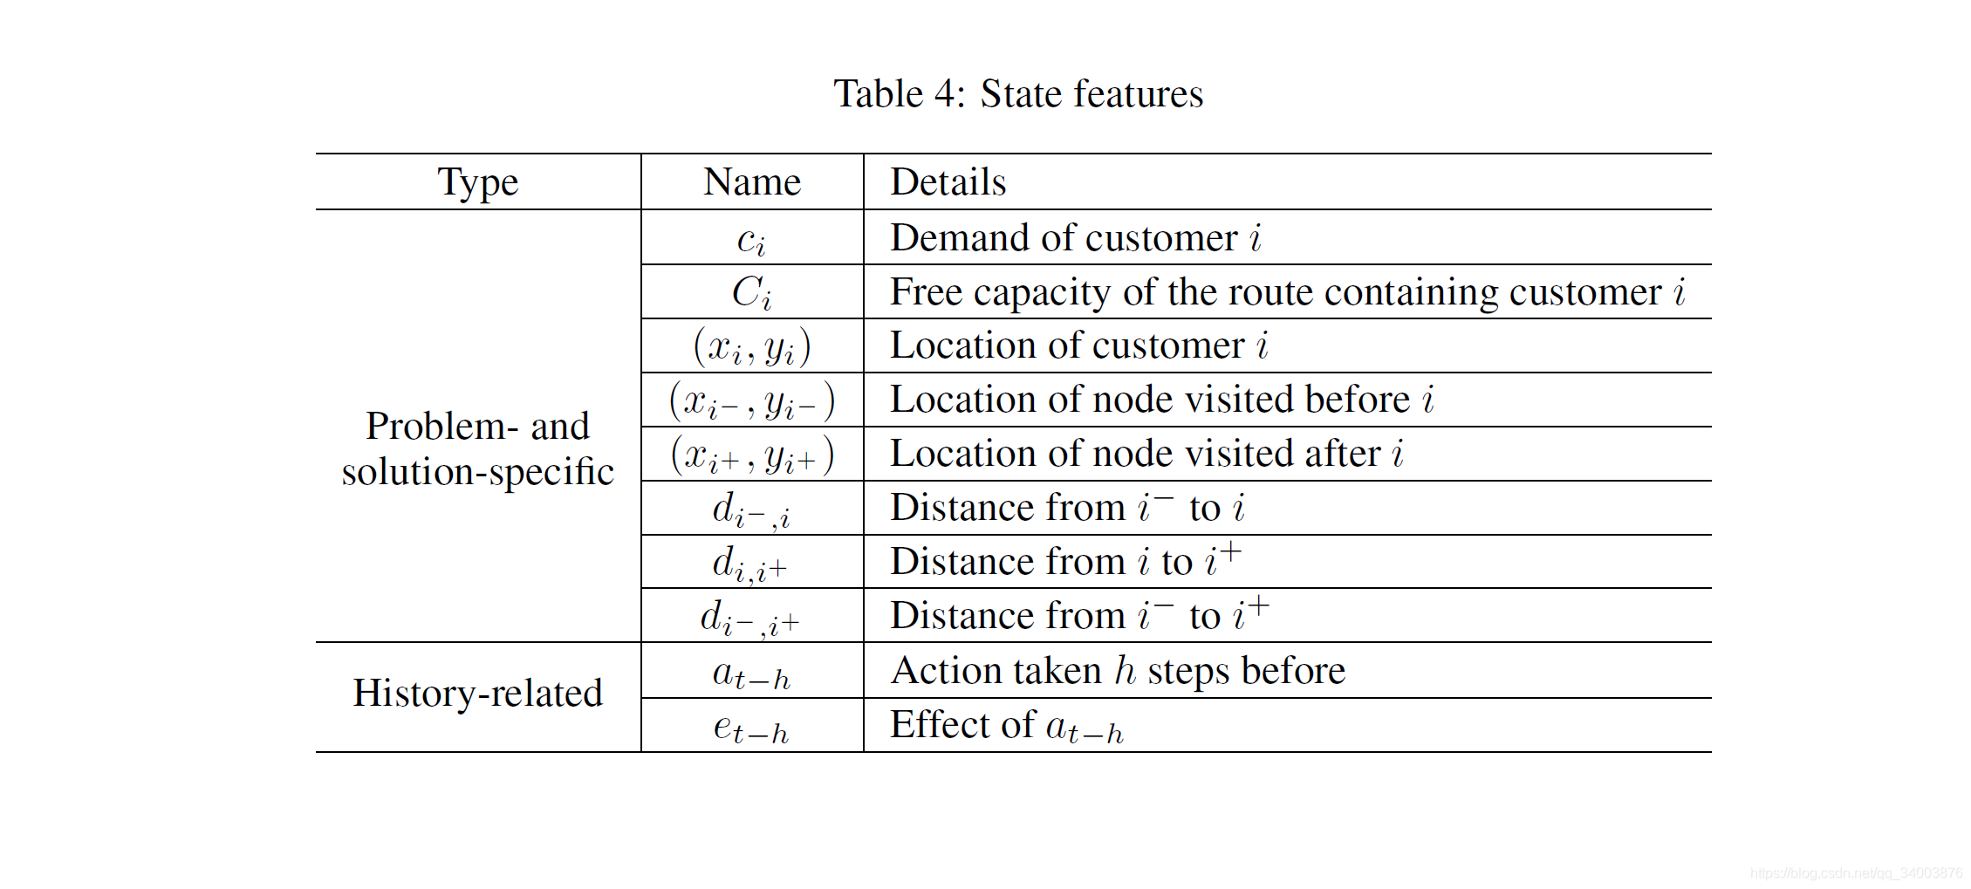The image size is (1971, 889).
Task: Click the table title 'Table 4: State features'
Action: (1017, 93)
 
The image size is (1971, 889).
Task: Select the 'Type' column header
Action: (477, 182)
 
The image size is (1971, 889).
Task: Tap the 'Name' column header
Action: (751, 182)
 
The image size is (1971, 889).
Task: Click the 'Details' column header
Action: (948, 182)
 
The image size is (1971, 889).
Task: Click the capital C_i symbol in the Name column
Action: (751, 293)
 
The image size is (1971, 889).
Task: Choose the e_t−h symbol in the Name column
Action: (751, 728)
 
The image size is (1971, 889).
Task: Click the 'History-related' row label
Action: (477, 694)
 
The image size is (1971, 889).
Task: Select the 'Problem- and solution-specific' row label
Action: (477, 448)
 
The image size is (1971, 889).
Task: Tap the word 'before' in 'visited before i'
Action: (1357, 400)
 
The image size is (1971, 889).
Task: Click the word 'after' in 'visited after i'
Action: (1342, 454)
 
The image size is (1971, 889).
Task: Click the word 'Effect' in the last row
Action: (939, 725)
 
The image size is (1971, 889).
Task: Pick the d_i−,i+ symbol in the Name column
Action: (749, 618)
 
